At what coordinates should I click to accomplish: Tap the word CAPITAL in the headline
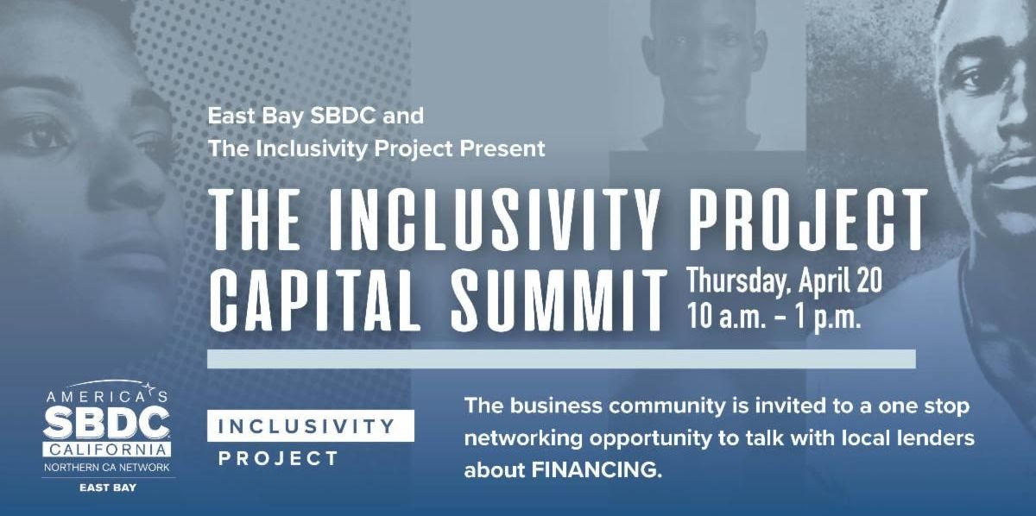point(314,301)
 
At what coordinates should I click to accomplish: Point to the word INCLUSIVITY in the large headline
point(494,221)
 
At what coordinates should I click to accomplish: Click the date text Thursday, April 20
point(785,281)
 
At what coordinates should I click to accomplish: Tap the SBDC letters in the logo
point(107,422)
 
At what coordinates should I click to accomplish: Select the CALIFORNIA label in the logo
point(107,450)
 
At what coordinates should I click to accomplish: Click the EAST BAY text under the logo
point(108,488)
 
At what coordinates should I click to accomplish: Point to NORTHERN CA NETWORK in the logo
point(107,468)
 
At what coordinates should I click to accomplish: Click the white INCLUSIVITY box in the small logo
point(310,426)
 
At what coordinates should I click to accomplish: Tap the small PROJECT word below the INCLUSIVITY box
point(278,459)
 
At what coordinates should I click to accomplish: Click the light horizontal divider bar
point(561,359)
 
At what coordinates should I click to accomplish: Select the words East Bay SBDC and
point(316,116)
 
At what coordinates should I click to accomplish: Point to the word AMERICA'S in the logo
point(107,396)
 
